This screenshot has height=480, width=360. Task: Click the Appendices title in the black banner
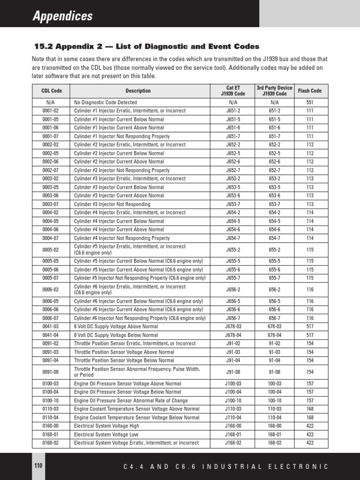62,16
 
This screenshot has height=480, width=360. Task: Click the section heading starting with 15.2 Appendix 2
146,46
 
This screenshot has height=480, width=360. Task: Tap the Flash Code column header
310,91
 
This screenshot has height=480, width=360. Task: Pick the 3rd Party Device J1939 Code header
274,91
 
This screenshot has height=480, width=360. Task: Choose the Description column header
138,91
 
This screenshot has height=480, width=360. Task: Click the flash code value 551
310,102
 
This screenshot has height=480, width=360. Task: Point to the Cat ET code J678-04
233,335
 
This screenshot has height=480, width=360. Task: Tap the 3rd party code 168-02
274,443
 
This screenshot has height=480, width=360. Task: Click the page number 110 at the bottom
38,465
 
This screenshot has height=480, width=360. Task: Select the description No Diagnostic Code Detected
105,102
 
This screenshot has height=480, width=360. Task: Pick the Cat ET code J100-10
233,401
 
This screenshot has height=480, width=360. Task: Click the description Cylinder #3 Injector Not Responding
112,204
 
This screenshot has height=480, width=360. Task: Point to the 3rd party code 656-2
274,290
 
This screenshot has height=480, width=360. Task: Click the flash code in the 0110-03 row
310,409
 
